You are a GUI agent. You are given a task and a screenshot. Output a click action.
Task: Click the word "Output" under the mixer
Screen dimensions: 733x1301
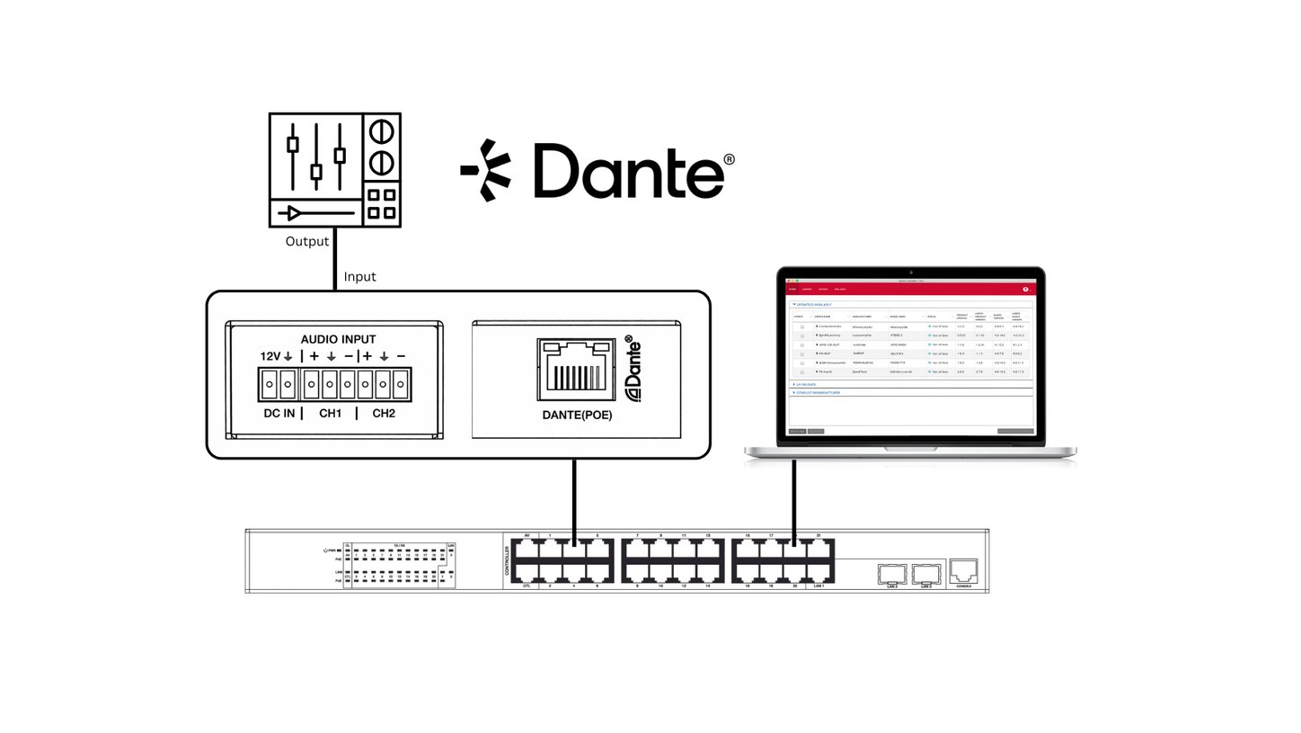point(307,241)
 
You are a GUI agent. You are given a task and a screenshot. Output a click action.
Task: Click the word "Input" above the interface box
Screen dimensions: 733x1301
point(359,276)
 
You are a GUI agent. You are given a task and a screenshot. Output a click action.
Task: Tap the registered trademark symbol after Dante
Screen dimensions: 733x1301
point(729,159)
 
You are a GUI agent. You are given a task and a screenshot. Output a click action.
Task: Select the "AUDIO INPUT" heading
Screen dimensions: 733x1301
point(338,339)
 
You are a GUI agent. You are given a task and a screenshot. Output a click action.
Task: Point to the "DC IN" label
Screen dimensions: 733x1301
point(279,413)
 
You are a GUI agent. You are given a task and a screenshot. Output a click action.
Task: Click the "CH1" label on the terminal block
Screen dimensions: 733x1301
point(331,413)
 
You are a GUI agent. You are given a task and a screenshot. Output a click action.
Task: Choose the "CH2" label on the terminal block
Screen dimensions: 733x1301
point(384,413)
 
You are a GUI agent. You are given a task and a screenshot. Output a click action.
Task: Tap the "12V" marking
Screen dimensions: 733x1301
point(270,356)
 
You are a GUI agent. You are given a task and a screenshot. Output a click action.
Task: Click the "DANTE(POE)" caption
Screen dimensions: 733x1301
point(577,415)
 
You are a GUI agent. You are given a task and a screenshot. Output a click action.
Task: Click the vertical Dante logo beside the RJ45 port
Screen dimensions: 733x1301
point(633,369)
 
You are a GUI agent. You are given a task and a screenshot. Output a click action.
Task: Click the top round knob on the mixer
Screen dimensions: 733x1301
point(382,131)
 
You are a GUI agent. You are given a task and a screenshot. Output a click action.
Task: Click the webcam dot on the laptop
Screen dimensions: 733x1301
point(910,272)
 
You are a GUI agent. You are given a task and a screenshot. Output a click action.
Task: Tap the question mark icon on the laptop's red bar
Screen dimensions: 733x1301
point(1025,290)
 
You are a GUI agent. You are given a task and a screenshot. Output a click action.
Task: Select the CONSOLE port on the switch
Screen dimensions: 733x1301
point(963,569)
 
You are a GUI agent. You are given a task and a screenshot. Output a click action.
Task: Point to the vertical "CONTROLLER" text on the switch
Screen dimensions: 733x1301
point(507,561)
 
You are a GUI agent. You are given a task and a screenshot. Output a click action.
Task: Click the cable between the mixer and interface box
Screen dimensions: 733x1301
point(335,258)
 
